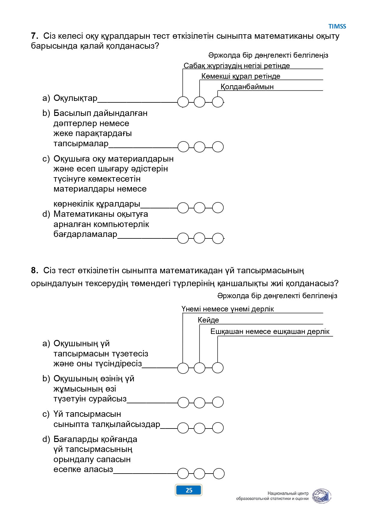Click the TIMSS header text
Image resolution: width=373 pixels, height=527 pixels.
coord(337,26)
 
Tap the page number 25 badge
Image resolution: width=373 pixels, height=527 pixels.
coord(189,490)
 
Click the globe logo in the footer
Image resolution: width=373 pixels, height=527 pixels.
coord(321,496)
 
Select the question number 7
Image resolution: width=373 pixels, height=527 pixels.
coord(35,36)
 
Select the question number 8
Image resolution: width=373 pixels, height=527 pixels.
coord(35,271)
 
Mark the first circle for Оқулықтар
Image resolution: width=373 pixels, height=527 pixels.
coord(183,102)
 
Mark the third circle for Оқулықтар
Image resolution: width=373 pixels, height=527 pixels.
coord(218,102)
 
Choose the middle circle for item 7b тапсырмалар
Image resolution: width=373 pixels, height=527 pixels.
coord(200,147)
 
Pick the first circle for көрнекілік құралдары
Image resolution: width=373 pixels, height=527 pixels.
coord(183,207)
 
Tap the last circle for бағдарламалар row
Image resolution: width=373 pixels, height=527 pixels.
coord(218,238)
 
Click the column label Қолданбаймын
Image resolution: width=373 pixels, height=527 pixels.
coord(247,87)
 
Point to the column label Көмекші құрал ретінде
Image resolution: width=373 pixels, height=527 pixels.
coord(241,76)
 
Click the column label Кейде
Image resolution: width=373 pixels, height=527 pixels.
coord(208,320)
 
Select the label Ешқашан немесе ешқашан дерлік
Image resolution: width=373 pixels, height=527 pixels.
coord(270,332)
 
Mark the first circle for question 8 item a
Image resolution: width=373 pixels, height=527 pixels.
coord(183,368)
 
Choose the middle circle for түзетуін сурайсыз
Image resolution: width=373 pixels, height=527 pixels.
coord(200,402)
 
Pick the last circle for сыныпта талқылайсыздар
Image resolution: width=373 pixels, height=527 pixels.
coord(218,428)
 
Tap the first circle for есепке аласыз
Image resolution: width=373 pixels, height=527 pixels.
coord(183,474)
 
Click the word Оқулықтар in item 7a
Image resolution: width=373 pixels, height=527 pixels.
coord(75,98)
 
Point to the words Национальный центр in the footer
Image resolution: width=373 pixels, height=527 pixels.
coord(288,493)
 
